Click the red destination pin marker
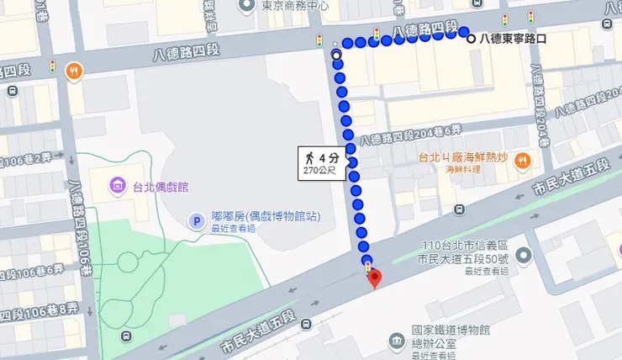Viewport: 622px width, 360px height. click(x=375, y=278)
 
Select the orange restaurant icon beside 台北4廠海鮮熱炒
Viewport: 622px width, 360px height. click(x=522, y=157)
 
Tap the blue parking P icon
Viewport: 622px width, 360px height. click(x=196, y=221)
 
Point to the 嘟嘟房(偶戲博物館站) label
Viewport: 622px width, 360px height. click(x=265, y=216)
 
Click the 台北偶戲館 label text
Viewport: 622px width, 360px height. click(x=159, y=185)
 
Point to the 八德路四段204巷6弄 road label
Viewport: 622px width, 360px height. click(x=411, y=135)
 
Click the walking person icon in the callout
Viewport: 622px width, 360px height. click(x=310, y=157)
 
